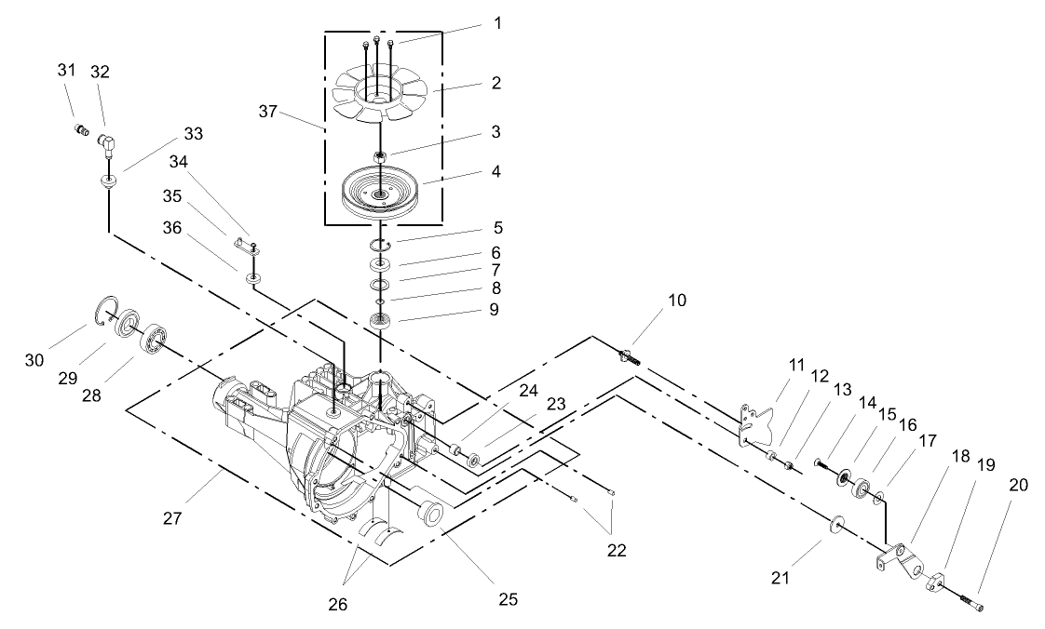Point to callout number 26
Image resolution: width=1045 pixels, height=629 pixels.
click(x=337, y=604)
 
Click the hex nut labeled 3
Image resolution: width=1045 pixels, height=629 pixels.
click(x=380, y=155)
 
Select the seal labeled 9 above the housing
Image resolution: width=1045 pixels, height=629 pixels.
click(x=380, y=322)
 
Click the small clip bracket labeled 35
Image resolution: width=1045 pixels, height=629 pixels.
click(x=246, y=245)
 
